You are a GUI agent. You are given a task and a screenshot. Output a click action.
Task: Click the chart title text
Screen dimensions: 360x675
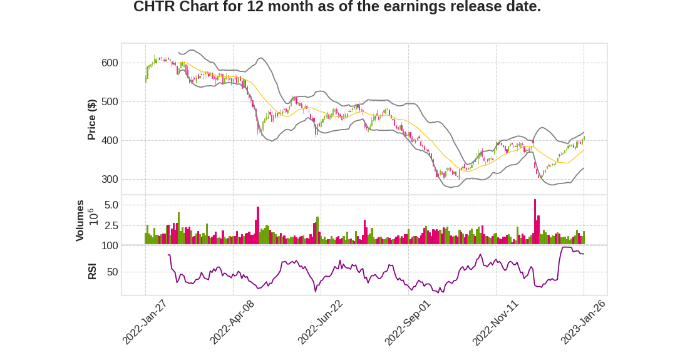coord(337,8)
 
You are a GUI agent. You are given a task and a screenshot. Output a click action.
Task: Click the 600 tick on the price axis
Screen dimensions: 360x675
coord(110,63)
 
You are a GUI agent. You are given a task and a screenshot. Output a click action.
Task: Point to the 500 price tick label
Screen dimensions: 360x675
coord(110,101)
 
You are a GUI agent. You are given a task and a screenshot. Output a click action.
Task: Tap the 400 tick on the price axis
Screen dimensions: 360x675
coord(110,140)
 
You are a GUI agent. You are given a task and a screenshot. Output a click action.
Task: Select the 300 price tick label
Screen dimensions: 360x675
coord(110,179)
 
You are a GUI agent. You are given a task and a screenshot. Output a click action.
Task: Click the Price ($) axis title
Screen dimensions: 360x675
coord(91,120)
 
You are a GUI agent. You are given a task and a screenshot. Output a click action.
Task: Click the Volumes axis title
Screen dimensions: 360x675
coord(80,220)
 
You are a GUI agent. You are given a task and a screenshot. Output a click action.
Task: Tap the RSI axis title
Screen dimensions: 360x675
coord(92,271)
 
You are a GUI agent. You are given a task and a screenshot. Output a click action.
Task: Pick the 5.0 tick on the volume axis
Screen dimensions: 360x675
coord(111,205)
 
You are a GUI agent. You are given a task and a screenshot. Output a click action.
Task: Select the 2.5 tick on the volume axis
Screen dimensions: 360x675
coord(111,225)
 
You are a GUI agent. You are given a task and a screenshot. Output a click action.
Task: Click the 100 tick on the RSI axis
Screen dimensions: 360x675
coord(110,246)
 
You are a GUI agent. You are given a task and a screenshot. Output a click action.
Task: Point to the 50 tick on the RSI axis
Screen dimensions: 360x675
coord(112,272)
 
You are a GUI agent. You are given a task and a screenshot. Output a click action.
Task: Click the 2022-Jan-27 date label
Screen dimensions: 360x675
coord(145,322)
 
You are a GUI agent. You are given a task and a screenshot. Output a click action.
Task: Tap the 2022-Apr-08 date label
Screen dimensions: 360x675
coord(232,322)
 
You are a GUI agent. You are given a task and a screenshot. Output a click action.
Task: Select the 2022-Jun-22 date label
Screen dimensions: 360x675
coord(320,322)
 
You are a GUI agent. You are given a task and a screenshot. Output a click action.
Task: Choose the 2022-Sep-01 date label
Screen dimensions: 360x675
coord(408,322)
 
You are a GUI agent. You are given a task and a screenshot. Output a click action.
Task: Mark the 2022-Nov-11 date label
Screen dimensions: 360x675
coord(495,322)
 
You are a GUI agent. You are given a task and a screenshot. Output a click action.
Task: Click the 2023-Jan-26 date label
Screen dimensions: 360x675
coord(583,322)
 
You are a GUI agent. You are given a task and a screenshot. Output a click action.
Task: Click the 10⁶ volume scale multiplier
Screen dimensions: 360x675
coord(91,217)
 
